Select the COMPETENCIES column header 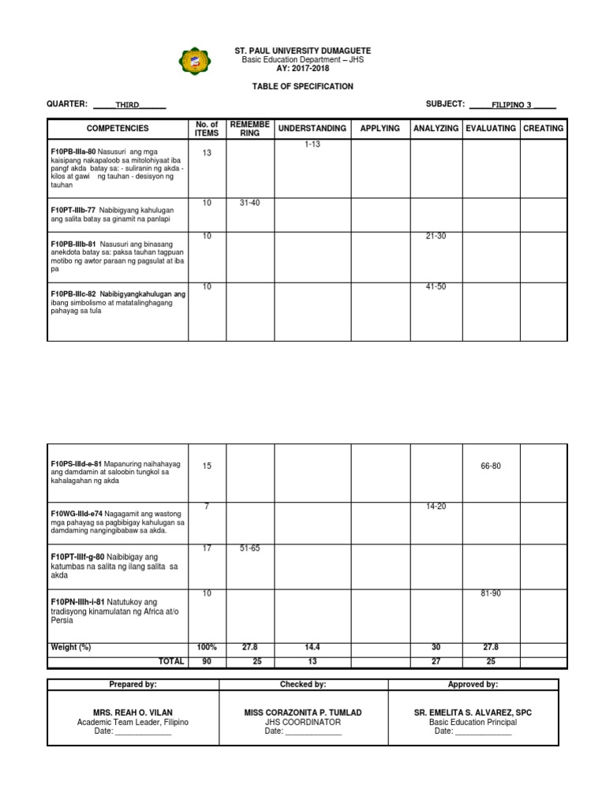[118, 128]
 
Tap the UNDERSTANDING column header [312, 128]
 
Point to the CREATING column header [543, 128]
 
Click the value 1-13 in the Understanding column [312, 144]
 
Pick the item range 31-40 [249, 203]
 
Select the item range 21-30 [436, 236]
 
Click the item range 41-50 [436, 286]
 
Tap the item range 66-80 [490, 466]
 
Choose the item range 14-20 [436, 507]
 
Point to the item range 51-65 [249, 548]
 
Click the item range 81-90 [490, 593]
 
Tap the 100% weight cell [207, 647]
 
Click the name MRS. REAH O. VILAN [133, 713]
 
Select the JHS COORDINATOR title [303, 722]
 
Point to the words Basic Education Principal [473, 722]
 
